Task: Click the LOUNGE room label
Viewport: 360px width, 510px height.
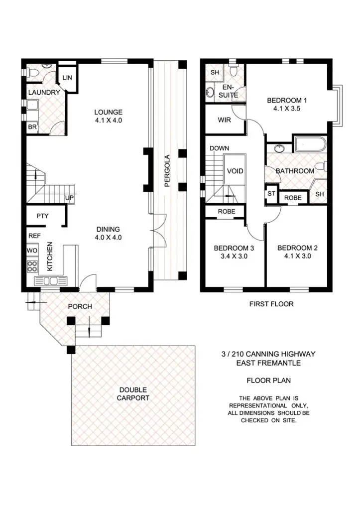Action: [109, 112]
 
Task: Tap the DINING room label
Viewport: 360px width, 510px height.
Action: [108, 229]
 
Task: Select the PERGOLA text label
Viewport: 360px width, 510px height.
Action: [167, 170]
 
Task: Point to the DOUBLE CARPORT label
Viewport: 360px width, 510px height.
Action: [133, 394]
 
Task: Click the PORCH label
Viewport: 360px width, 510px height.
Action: [80, 306]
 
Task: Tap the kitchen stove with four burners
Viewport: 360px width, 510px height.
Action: [32, 266]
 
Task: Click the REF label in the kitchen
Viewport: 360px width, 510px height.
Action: [34, 236]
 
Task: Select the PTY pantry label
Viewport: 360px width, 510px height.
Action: [42, 216]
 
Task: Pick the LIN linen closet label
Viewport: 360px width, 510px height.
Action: [66, 77]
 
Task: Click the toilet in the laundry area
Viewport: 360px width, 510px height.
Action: [33, 73]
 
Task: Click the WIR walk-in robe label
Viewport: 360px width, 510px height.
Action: [224, 120]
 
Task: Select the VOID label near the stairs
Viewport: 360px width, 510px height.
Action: [235, 171]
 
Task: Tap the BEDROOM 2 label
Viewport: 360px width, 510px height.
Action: [297, 248]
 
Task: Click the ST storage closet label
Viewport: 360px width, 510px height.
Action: [271, 194]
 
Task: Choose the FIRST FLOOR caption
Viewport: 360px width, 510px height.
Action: [271, 303]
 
